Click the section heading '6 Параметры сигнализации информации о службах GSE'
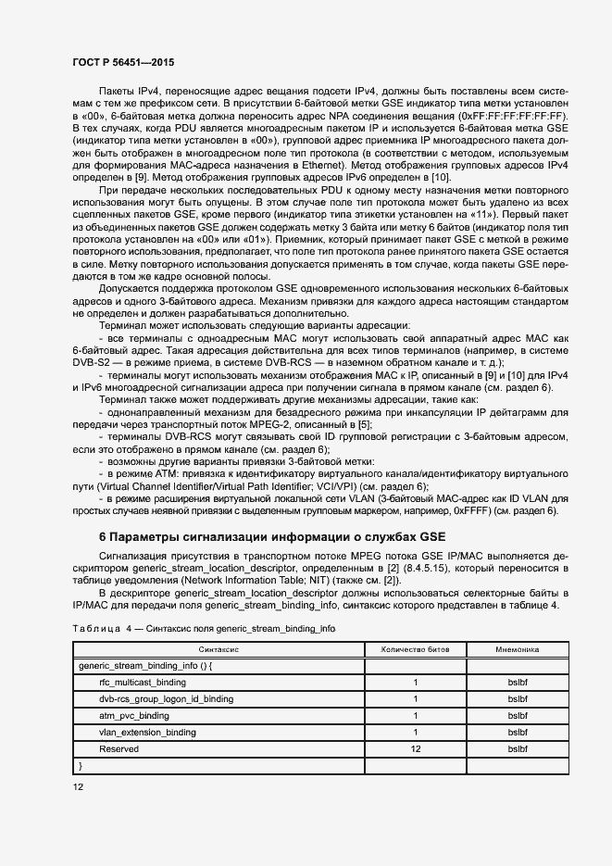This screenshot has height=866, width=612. (x=271, y=536)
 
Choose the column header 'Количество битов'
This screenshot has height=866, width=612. (x=415, y=650)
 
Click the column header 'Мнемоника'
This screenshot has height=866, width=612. (x=517, y=650)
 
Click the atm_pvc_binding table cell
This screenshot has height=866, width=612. (x=133, y=715)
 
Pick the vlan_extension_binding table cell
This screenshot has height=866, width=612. (x=146, y=732)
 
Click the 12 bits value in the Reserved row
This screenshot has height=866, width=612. (x=415, y=748)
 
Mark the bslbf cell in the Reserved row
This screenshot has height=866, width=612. (x=517, y=748)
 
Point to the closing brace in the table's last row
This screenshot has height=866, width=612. (x=81, y=765)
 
